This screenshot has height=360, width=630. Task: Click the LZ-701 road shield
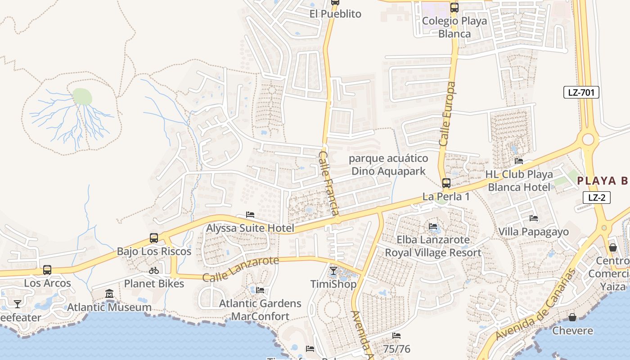[x=581, y=93]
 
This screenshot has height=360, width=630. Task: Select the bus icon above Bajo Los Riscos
[x=154, y=238]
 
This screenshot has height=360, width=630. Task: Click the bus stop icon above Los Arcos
[x=47, y=270]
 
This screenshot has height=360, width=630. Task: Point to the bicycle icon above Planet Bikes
[x=154, y=270]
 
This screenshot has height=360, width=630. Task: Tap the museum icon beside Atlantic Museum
[x=109, y=294]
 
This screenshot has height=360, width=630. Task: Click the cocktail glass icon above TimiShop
[x=333, y=271]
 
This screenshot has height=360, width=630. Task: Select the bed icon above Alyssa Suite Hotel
[x=250, y=215]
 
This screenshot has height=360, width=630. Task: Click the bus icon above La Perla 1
[x=446, y=183]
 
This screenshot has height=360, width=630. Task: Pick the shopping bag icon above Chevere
[x=572, y=318]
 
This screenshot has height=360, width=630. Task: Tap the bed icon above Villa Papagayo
[x=534, y=219]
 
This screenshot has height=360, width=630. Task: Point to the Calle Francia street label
[x=329, y=183]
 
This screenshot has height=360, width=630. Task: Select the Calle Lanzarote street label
[x=240, y=269]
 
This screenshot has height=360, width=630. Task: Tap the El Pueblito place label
[x=335, y=14]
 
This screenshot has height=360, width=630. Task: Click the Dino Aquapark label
[x=388, y=171]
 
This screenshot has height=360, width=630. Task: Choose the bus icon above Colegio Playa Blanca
[x=454, y=8]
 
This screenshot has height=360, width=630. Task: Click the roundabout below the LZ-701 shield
[x=588, y=139]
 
